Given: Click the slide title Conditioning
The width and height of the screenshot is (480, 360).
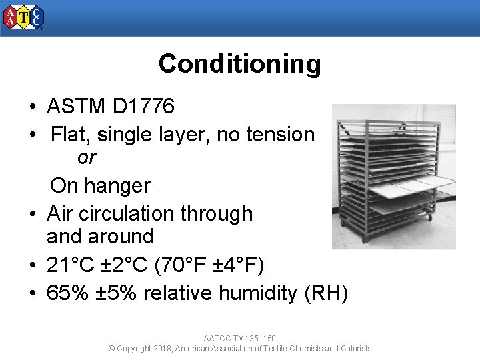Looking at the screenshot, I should (239, 64).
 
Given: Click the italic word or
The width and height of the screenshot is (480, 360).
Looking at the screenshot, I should (87, 158).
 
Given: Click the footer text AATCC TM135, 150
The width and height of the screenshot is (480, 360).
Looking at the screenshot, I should (239, 339).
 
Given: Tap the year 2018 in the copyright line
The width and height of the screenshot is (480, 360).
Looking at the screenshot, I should (163, 349).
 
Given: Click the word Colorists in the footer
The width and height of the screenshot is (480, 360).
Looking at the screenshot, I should (355, 349).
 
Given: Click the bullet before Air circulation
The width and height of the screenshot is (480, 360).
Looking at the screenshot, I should (32, 215).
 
